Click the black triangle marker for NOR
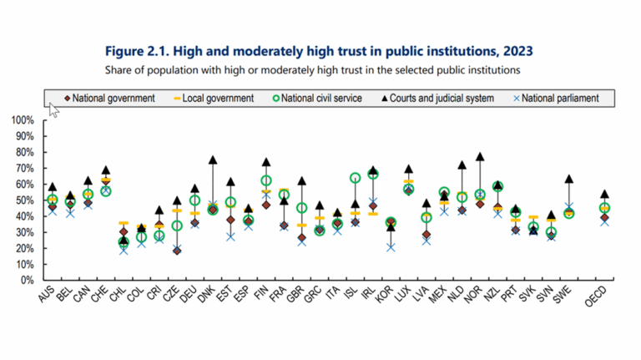(x=480, y=157)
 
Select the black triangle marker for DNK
(x=213, y=160)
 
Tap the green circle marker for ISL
(x=355, y=178)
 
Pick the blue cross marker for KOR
(x=391, y=247)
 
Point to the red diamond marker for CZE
(x=177, y=251)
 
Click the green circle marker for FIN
(x=266, y=180)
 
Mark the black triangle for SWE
(x=568, y=179)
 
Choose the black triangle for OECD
(x=604, y=194)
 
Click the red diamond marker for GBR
(x=301, y=238)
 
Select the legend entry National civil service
(x=317, y=99)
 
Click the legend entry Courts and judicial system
(x=437, y=99)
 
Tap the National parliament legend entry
(x=556, y=99)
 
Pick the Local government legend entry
(x=214, y=99)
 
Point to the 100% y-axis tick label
(x=23, y=120)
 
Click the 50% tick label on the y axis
(x=25, y=200)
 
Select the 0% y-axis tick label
(x=28, y=280)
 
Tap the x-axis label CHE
(x=100, y=294)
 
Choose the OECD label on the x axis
(x=596, y=297)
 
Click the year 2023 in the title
(x=518, y=51)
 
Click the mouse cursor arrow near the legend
(x=53, y=109)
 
